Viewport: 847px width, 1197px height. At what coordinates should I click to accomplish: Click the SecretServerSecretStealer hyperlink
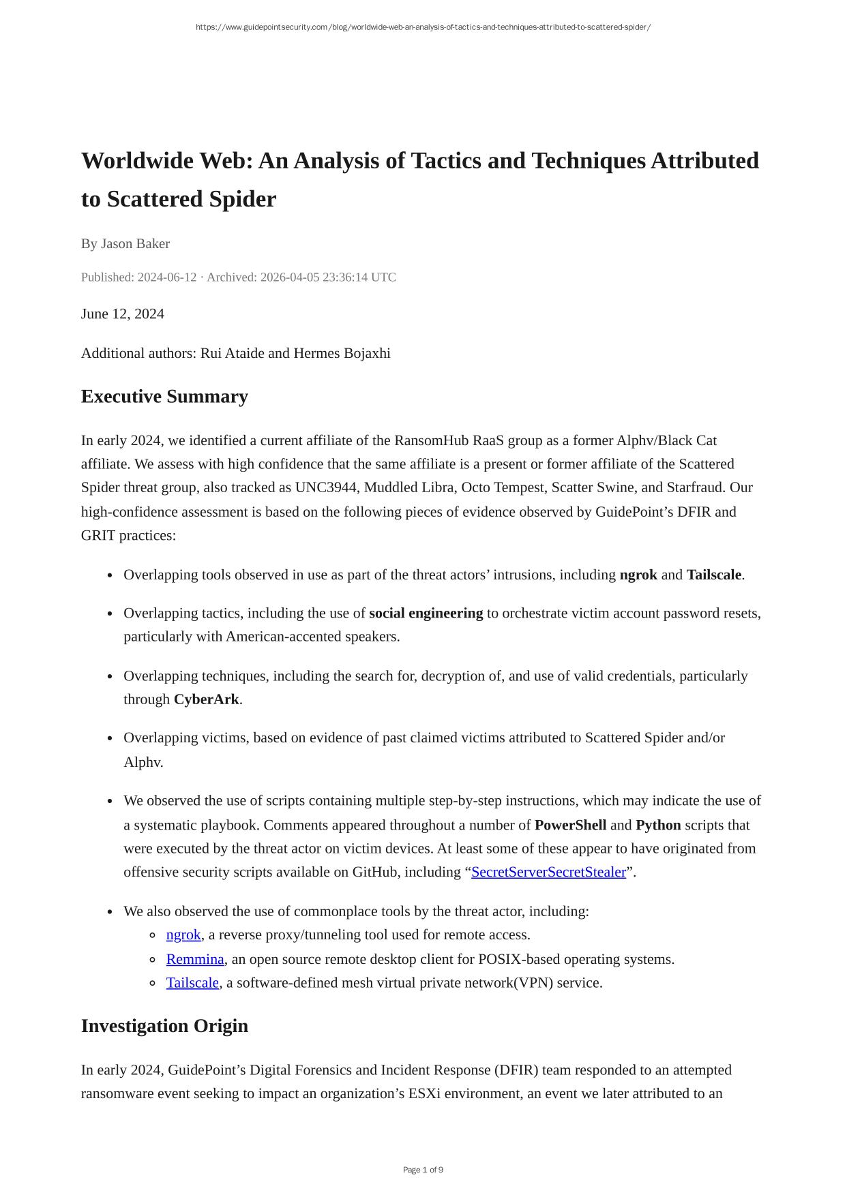(x=548, y=872)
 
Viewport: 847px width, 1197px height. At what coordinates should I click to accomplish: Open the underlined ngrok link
(x=183, y=935)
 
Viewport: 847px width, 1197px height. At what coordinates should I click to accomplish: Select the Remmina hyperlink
(x=195, y=959)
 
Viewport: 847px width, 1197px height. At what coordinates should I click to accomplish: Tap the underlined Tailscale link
(x=192, y=983)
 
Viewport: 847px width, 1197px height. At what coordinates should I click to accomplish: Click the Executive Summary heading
(x=164, y=397)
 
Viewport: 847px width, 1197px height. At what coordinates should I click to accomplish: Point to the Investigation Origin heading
(x=164, y=1026)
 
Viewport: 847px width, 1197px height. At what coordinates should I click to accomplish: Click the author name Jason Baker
(x=135, y=244)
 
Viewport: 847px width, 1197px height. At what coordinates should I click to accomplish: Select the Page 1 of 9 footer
(x=423, y=1170)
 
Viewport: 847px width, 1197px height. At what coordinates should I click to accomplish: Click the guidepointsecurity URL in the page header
(x=423, y=27)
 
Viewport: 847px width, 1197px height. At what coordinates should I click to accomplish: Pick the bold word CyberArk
(x=206, y=699)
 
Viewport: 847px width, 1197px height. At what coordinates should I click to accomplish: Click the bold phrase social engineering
(x=426, y=613)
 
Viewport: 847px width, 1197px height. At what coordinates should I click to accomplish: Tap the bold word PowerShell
(x=570, y=825)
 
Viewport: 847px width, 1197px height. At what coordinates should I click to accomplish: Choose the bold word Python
(x=658, y=825)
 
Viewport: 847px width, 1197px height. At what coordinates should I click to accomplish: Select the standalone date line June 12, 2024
(x=123, y=314)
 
